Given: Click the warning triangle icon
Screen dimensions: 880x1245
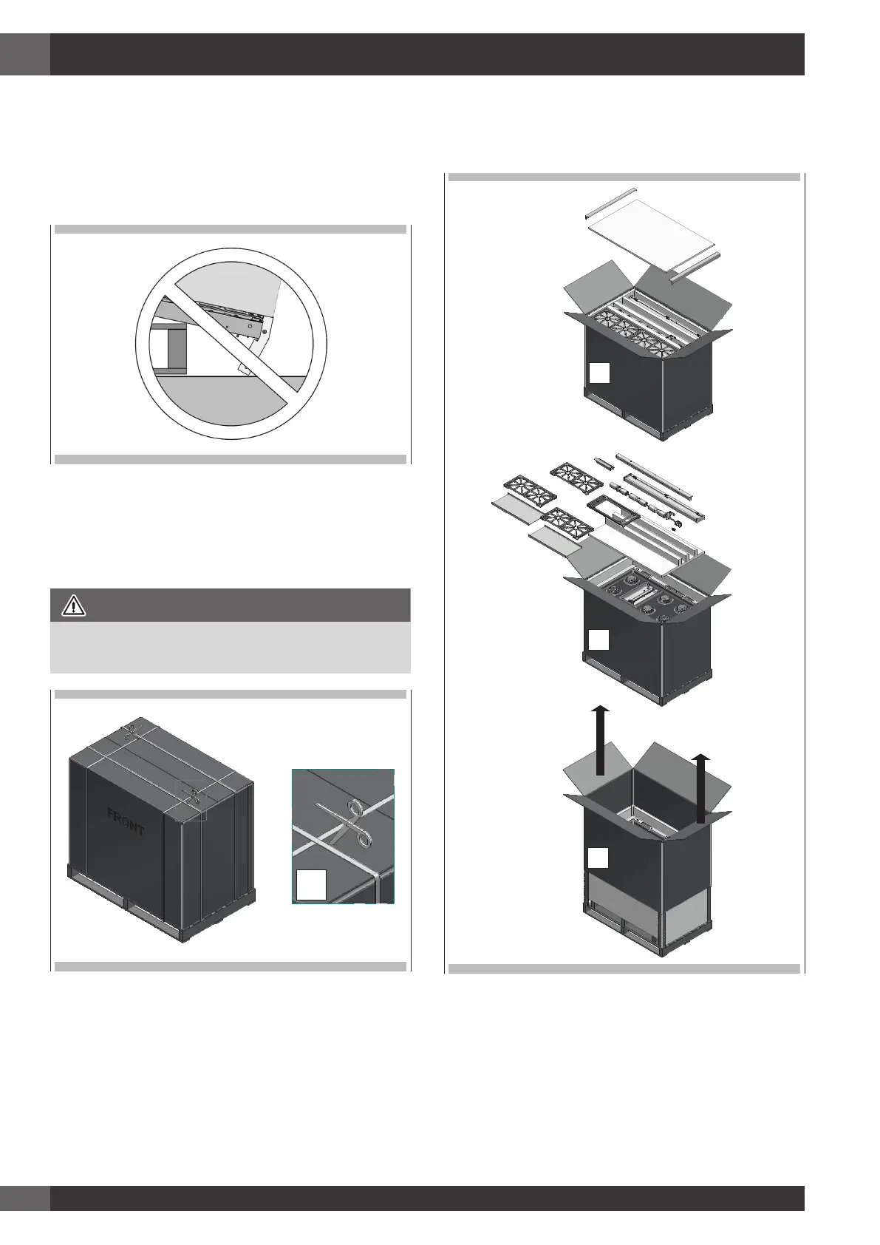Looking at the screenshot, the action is [74, 606].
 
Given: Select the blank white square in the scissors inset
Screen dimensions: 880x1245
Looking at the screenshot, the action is [310, 885].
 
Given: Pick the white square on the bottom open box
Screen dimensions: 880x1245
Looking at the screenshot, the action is [598, 858].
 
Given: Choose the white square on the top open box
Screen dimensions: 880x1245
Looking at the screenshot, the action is [599, 373].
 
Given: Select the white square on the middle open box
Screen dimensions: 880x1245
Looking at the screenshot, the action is [599, 640].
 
